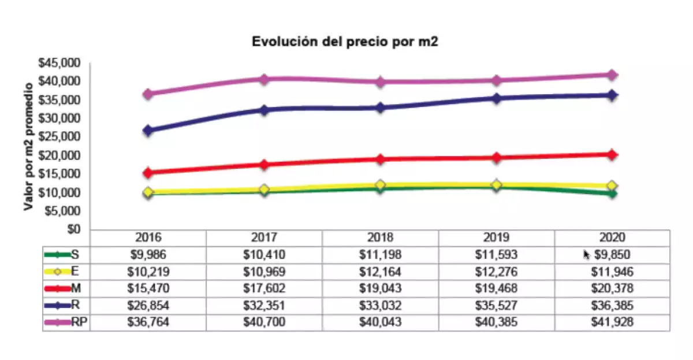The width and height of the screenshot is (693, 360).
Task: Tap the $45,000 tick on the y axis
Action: tap(61, 63)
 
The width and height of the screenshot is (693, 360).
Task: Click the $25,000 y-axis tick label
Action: tap(61, 137)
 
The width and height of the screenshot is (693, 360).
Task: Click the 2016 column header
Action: tap(148, 237)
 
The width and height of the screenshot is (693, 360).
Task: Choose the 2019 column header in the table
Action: tap(496, 237)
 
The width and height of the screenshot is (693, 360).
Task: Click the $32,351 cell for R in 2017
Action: tap(264, 305)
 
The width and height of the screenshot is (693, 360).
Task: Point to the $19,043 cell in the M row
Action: tap(380, 288)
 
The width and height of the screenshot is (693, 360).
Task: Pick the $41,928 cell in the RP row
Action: tap(612, 322)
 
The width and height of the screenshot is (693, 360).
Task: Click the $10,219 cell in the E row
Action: tap(148, 271)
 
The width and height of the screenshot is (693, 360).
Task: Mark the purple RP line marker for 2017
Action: tap(264, 79)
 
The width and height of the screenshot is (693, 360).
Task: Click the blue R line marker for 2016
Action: tap(148, 131)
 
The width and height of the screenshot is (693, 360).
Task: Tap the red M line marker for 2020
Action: tap(612, 154)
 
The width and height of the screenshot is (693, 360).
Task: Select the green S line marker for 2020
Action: tap(612, 194)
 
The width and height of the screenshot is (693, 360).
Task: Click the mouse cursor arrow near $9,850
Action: tap(586, 254)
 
